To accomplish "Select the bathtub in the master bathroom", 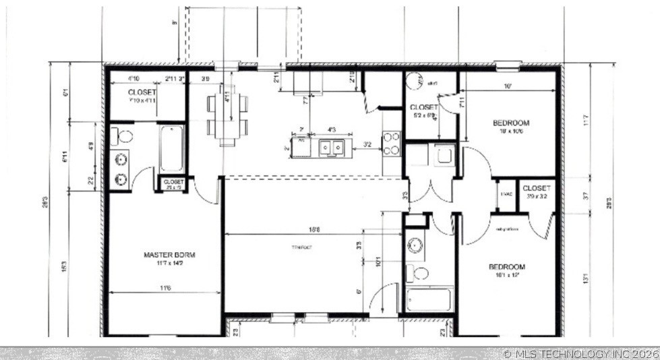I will [171, 148].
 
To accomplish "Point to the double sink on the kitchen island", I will [330, 147].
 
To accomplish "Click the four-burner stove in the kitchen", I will [392, 143].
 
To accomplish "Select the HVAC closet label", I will [506, 195].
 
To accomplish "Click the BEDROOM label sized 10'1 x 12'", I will [507, 267].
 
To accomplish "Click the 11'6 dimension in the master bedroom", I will [164, 288].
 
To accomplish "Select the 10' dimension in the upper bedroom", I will [506, 86].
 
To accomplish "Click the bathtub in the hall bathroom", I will [429, 299].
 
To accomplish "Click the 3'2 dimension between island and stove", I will [367, 144].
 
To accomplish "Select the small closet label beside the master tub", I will [173, 182].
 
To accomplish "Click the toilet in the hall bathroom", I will [419, 272].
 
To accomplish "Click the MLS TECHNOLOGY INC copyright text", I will [580, 353].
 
